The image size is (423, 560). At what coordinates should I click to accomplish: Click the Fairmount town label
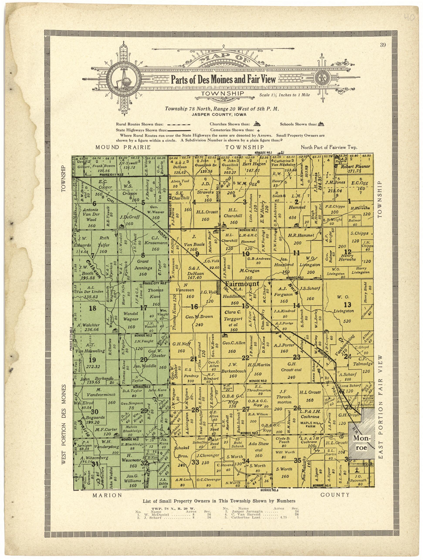[x=241, y=284]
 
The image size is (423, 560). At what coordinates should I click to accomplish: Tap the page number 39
[x=383, y=45]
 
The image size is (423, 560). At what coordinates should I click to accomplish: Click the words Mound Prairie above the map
[x=123, y=147]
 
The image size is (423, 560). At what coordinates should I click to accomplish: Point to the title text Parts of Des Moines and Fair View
[x=223, y=80]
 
